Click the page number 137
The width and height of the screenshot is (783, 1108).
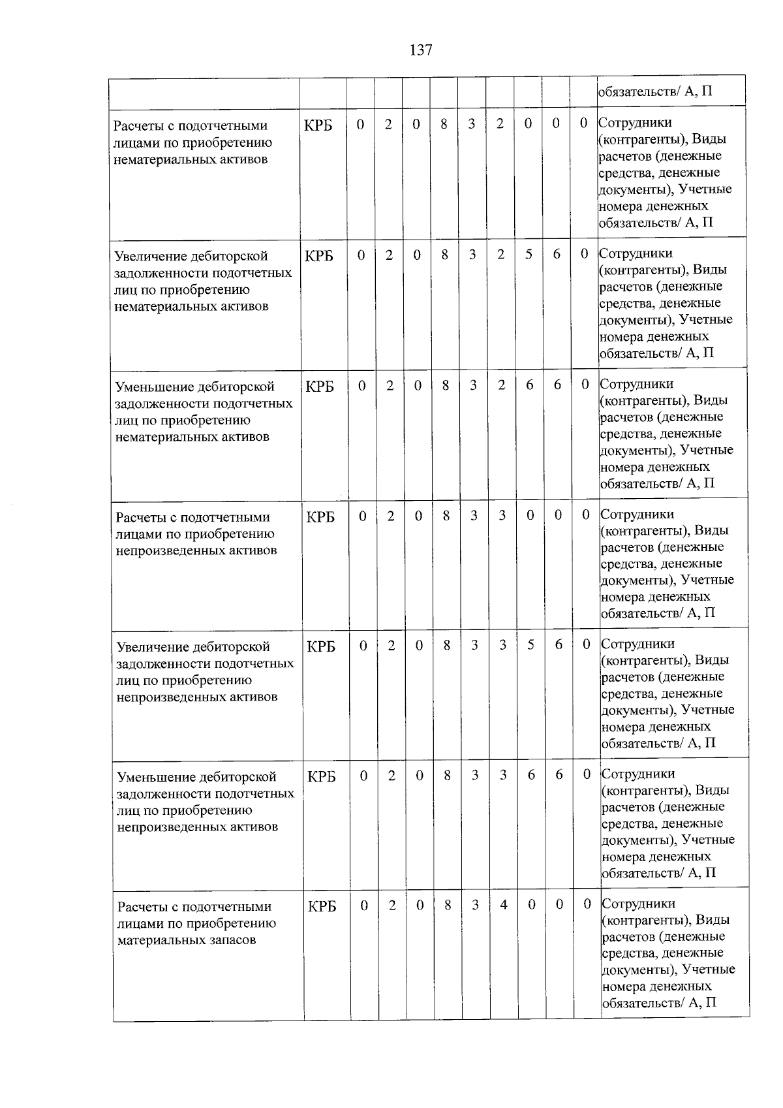421,50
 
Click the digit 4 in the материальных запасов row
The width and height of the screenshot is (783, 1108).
504,904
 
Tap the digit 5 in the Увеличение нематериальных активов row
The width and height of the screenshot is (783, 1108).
529,254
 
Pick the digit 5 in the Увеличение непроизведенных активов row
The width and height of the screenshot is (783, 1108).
531,644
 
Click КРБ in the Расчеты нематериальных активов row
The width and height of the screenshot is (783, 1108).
318,125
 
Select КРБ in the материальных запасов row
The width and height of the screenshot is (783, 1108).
322,906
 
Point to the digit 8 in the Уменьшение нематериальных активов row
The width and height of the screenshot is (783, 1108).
445,385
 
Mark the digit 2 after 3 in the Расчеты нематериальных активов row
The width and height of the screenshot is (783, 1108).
500,123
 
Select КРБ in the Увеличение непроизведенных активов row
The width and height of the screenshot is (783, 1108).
321,646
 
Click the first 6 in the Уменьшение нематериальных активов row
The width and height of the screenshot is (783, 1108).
529,385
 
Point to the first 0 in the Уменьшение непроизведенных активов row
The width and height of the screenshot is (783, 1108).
363,775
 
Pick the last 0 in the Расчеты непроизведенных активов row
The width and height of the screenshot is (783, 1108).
586,514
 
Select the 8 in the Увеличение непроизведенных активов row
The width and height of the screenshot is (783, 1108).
446,644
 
